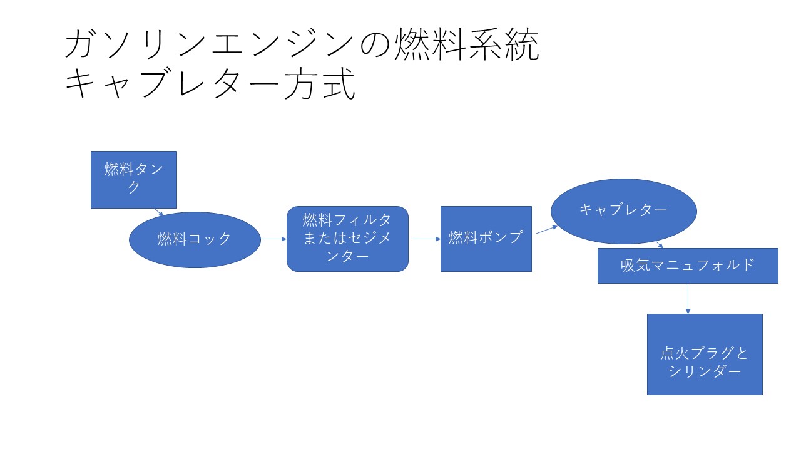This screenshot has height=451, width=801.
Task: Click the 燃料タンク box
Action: (x=133, y=179)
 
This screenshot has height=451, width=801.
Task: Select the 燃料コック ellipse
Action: (x=195, y=239)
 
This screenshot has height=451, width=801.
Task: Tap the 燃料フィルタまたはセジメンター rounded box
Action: (x=347, y=239)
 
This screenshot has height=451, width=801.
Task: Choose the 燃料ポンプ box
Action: (x=486, y=239)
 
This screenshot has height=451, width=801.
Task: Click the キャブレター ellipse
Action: (x=623, y=211)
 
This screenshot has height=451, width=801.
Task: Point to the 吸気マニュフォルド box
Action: (x=688, y=266)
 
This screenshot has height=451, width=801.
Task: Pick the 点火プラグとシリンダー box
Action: (x=705, y=355)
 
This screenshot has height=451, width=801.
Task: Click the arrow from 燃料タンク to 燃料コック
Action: (x=158, y=212)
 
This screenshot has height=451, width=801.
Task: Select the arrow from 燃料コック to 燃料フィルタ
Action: (x=273, y=239)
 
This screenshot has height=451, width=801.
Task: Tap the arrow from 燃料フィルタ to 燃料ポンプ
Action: (x=426, y=239)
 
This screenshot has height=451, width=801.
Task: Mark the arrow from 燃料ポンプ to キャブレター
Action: (x=546, y=229)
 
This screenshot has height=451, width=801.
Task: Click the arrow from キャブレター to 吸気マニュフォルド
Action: (x=659, y=244)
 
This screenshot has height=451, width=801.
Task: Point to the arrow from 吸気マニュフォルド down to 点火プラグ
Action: (x=688, y=299)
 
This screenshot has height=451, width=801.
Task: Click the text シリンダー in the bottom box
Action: (x=705, y=371)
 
